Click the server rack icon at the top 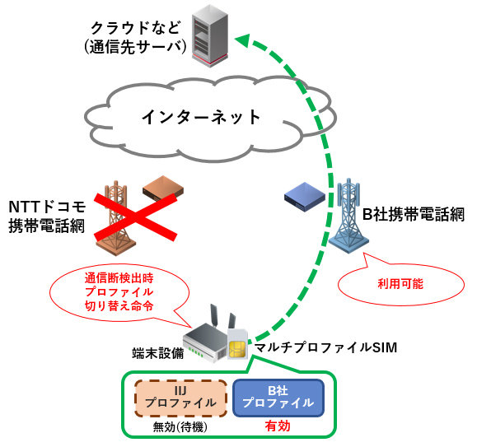208,34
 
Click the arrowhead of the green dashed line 240,38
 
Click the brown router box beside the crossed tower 163,189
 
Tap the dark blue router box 305,195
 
